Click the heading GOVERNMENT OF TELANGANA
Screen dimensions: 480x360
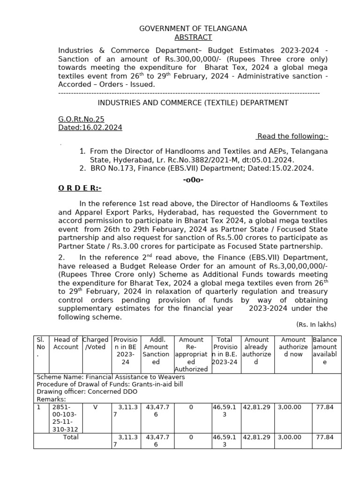(x=193, y=29)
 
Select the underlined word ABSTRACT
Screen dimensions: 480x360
(x=193, y=37)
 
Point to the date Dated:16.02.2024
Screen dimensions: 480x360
(x=90, y=127)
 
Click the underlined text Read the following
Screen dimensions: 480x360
(x=292, y=136)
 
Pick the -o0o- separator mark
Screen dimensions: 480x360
(x=193, y=180)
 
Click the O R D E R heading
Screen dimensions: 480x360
(x=79, y=188)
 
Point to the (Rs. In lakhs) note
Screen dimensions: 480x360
(x=316, y=324)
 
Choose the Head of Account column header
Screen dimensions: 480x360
(x=66, y=343)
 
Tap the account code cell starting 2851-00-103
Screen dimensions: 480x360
(x=65, y=418)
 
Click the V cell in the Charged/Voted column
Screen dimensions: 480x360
(x=95, y=407)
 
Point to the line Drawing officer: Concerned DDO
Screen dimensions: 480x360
(x=73, y=391)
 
